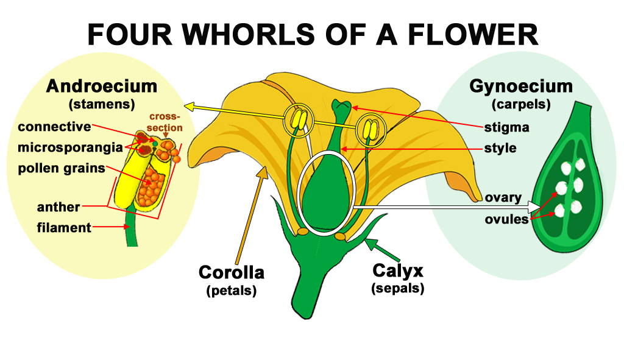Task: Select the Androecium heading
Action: click(x=101, y=86)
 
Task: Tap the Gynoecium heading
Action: click(x=520, y=86)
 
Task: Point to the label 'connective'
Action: click(x=54, y=127)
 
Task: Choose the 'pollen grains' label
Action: click(x=62, y=168)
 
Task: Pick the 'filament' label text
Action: click(x=64, y=228)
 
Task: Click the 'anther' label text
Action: click(x=58, y=207)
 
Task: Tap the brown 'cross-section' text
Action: click(x=165, y=122)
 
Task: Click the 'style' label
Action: click(x=500, y=148)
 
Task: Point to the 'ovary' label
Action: click(x=503, y=197)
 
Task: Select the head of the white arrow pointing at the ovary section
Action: click(x=534, y=208)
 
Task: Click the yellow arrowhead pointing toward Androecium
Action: click(x=190, y=107)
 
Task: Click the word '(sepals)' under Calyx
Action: click(x=397, y=288)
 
